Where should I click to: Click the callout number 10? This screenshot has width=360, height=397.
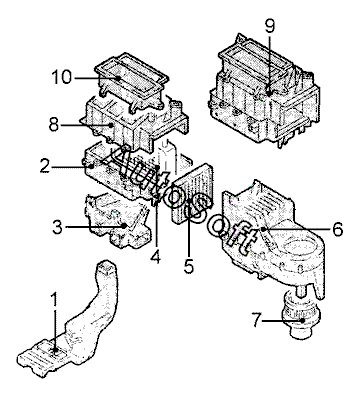coord(62,77)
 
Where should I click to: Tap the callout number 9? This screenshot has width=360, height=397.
coord(270,26)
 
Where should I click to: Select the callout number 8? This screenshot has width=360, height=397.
coord(54,125)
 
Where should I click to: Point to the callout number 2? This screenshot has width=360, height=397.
coord(45,166)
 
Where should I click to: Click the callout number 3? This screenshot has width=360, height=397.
coord(57,227)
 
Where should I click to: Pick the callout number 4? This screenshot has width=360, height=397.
coord(155,257)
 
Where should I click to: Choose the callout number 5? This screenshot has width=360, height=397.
coord(189,266)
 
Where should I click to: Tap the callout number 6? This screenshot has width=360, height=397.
coord(337,229)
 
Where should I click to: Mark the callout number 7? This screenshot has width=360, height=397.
coord(256,321)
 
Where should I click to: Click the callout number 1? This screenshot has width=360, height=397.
coord(55,300)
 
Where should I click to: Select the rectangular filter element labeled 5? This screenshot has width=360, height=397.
coord(192,194)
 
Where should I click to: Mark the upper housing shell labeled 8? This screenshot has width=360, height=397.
coord(133,123)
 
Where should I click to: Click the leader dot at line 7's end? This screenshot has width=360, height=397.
coord(302,321)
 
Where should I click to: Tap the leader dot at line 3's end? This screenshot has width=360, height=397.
coord(125,226)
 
